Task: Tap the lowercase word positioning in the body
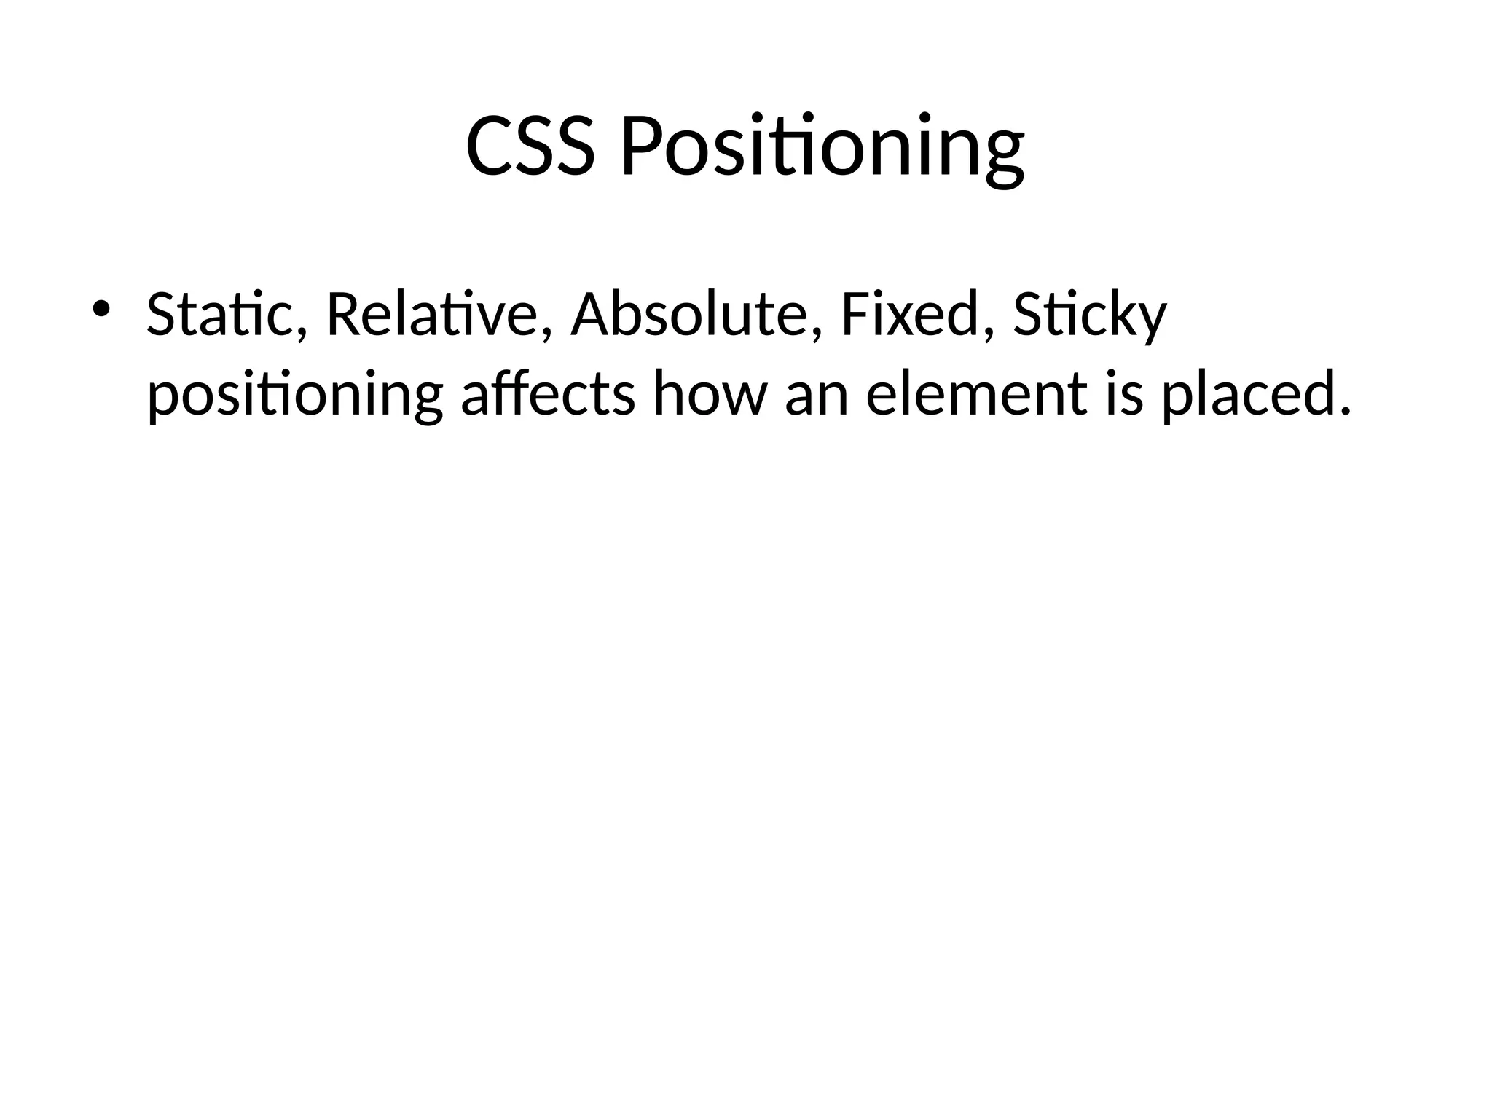point(294,396)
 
